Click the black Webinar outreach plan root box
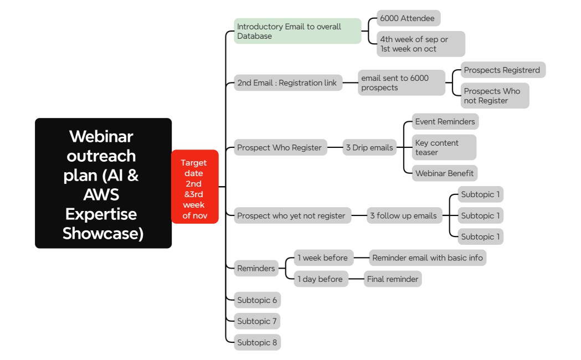103,183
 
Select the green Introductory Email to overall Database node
297,31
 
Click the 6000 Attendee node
408,18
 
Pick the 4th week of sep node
420,44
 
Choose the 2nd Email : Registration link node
287,83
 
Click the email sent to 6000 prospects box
401,83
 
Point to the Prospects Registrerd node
502,70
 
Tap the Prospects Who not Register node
494,96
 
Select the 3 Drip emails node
369,147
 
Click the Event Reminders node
445,121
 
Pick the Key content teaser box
444,147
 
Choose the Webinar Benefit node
444,173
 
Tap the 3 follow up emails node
404,215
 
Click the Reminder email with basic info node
428,258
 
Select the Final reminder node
392,279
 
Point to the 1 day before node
321,279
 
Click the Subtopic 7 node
257,321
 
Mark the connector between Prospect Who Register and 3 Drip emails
335,147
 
